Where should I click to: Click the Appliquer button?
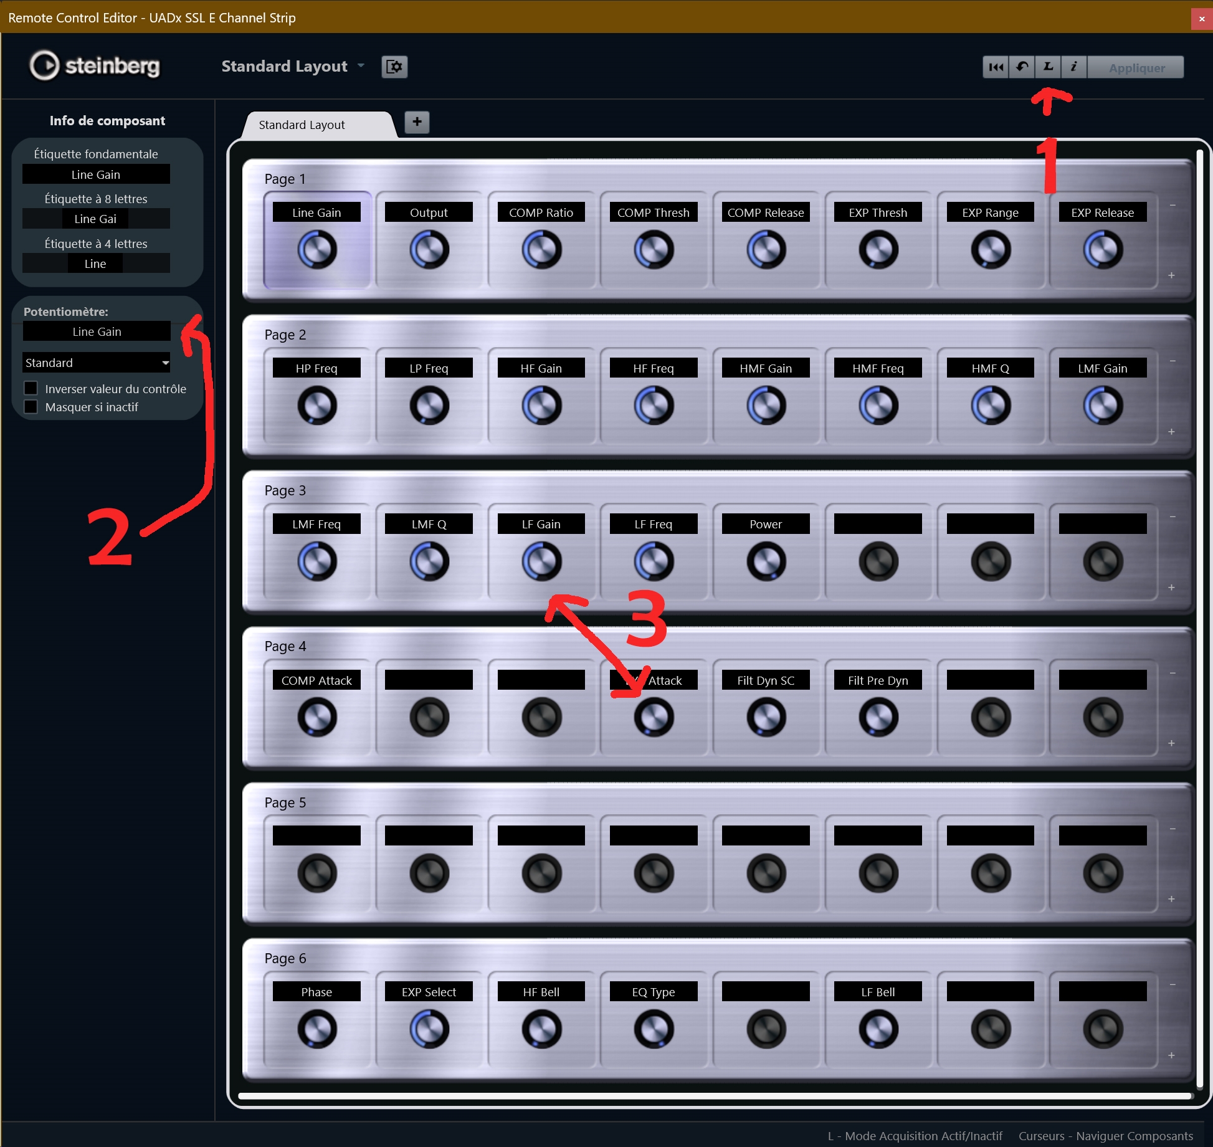coord(1136,67)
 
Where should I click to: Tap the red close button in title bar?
coord(1202,19)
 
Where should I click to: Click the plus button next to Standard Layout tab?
coord(417,122)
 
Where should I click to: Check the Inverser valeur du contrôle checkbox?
coord(31,388)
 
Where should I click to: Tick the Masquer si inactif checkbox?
coord(31,407)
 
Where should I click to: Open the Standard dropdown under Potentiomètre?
coord(97,363)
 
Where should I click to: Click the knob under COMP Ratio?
coord(541,250)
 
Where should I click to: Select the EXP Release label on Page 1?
coord(1102,212)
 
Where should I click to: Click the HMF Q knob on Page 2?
coord(991,406)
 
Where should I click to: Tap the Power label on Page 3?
coord(766,524)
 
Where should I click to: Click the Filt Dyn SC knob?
coord(766,717)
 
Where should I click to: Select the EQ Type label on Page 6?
coord(654,991)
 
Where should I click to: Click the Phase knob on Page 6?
coord(317,1029)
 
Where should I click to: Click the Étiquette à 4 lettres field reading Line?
coord(96,264)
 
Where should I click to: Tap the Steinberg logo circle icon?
coord(44,65)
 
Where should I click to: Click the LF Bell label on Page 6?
coord(878,991)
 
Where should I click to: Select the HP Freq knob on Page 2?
coord(317,406)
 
